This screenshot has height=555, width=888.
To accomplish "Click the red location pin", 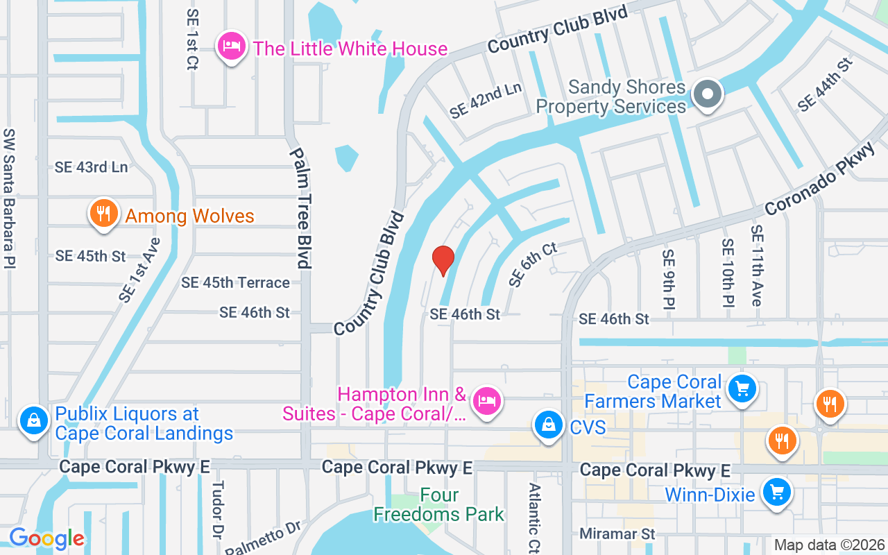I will pos(443,260).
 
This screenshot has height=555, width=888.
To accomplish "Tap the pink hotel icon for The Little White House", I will pos(232,46).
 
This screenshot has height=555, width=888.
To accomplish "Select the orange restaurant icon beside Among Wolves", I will pos(104,214).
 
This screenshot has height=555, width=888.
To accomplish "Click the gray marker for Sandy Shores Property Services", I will pos(708,94).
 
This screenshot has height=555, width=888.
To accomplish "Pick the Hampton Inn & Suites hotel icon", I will pos(487,400).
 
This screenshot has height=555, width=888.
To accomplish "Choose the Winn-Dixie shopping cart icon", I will pos(776,493).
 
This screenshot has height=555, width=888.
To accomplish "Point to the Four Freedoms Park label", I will pos(438,505).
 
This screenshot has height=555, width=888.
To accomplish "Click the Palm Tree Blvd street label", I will pos(299,208).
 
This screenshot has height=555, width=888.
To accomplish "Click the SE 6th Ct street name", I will pos(533,264).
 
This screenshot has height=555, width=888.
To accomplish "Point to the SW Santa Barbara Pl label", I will pos(9,198).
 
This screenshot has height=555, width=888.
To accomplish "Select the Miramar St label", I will pos(617,534).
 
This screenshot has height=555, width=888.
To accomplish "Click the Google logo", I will pos(46,538).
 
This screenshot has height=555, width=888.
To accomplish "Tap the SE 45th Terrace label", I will pos(235,282).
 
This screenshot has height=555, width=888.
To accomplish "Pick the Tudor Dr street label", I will pos(217,511).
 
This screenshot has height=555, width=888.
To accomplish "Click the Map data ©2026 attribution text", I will pos(829,545).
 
